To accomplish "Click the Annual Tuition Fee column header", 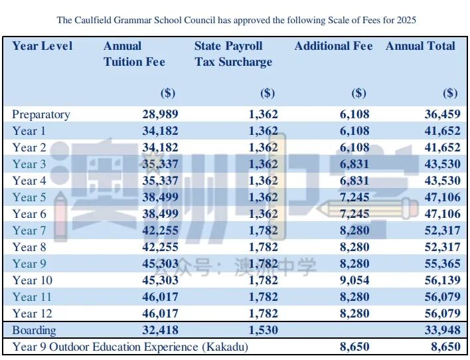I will [134, 54].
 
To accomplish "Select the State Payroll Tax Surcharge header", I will [233, 54].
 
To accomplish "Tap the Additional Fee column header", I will [333, 46].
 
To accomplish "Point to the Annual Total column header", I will [420, 46].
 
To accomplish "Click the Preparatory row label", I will [41, 114].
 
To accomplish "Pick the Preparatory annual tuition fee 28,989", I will [160, 114].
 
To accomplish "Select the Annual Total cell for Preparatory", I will [441, 114].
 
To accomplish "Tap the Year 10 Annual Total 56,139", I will [441, 280].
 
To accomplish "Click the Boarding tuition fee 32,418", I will [160, 330].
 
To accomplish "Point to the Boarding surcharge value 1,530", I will [264, 330].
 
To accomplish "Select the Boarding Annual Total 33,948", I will [441, 330].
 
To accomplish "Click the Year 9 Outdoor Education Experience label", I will [130, 347].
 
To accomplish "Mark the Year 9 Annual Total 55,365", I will [441, 264].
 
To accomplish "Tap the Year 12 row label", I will [32, 314].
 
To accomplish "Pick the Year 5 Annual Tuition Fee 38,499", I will [160, 197].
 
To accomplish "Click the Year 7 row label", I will [29, 230].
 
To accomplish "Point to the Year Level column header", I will [42, 46].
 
